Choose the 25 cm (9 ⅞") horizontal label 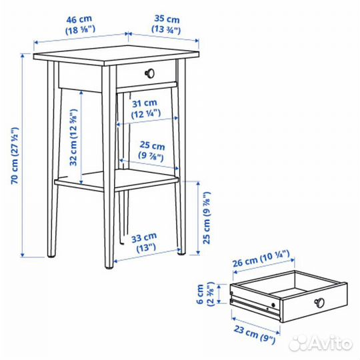152,150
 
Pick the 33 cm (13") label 143,242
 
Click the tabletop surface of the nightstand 117,55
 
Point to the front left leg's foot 109,265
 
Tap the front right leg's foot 180,251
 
